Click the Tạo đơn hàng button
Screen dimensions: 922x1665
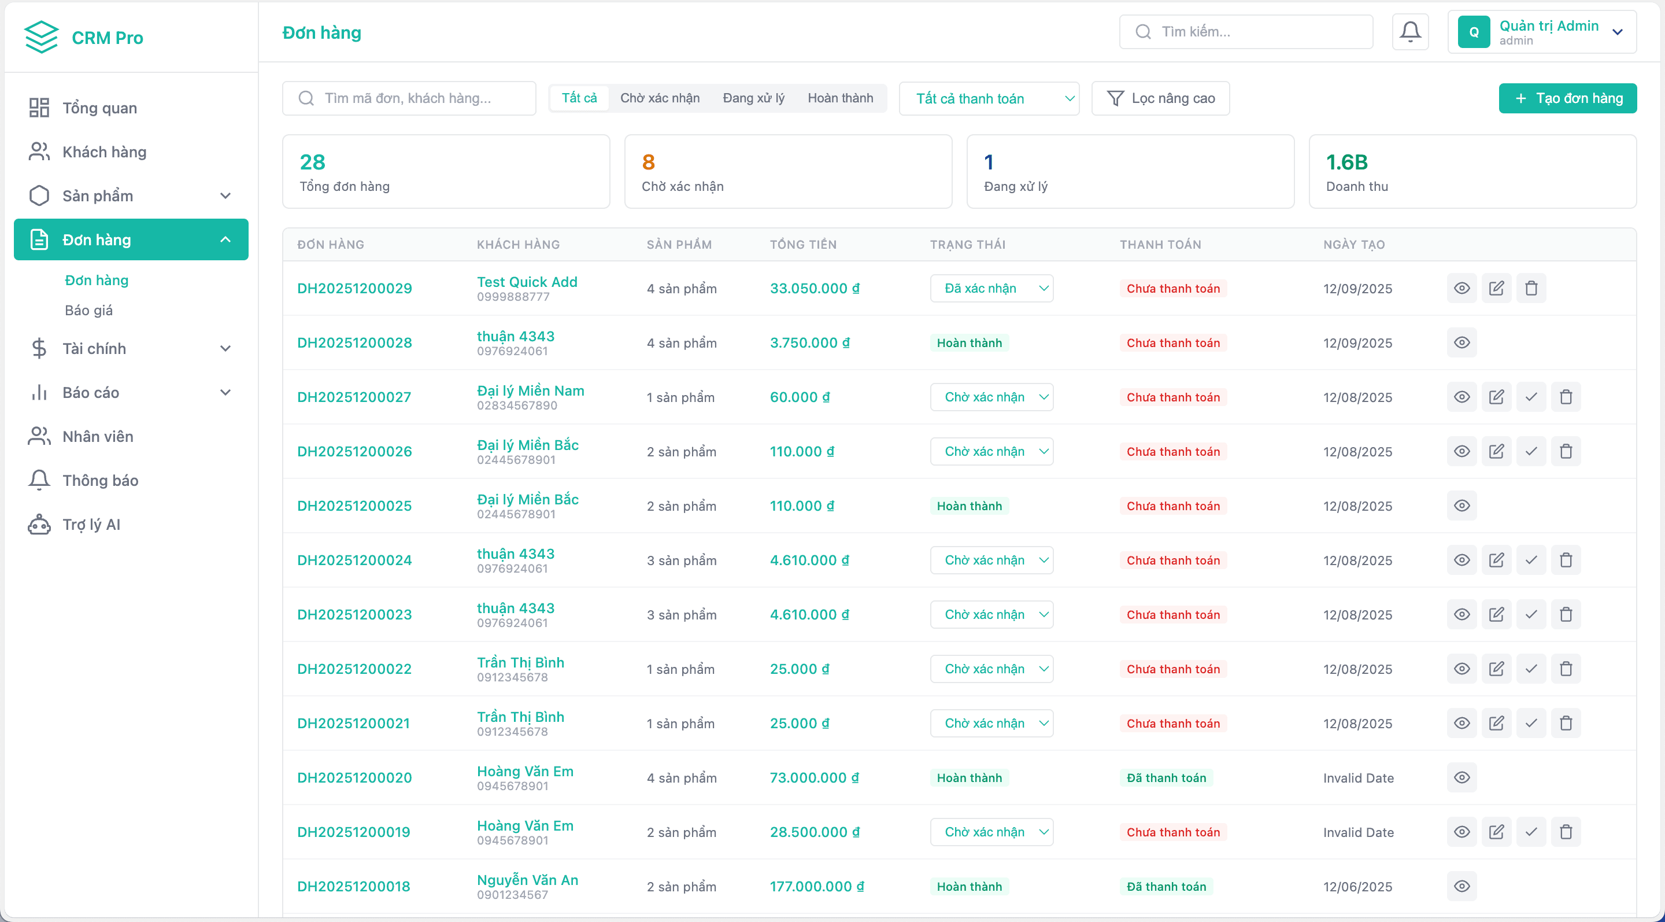click(1567, 98)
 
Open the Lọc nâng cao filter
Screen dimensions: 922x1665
click(1160, 98)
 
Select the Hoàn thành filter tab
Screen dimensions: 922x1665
click(839, 98)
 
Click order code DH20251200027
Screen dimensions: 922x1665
click(354, 397)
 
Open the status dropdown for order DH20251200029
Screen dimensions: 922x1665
click(991, 289)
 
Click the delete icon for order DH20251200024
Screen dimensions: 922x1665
click(1566, 560)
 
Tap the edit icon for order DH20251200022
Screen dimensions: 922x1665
click(1496, 669)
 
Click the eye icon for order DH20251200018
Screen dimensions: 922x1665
click(1461, 886)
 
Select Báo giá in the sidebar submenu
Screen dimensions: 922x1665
click(88, 311)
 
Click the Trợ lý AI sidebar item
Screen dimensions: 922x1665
click(91, 525)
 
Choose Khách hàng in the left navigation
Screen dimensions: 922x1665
click(104, 152)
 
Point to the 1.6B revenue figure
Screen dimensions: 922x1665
click(1346, 163)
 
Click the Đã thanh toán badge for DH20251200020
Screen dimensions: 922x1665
click(1166, 778)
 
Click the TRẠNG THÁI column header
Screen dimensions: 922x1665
click(968, 245)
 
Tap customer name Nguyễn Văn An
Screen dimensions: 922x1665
click(527, 880)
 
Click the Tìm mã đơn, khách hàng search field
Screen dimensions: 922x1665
click(409, 98)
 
